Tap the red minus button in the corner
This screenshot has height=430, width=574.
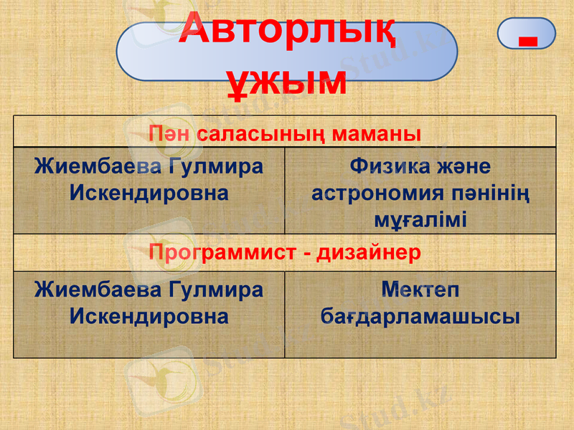point(527,34)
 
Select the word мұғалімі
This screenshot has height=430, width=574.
point(420,219)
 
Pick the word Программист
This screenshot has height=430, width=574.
point(220,253)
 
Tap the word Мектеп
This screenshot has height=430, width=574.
point(420,290)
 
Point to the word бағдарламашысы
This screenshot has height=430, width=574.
point(420,316)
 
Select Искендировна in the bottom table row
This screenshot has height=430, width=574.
point(149,316)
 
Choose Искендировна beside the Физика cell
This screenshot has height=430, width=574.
point(149,193)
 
